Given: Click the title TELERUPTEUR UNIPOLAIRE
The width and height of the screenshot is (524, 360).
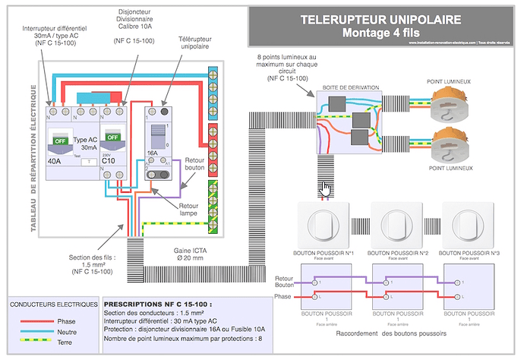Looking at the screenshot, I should coord(385,19).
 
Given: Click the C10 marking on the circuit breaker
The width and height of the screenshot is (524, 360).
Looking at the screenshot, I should coord(109,161).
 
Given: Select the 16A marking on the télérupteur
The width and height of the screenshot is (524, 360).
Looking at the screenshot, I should coord(152,152).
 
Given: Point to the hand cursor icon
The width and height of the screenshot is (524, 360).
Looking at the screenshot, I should coord(325,188).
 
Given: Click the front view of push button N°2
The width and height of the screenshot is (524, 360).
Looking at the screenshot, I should coord(395,223).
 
